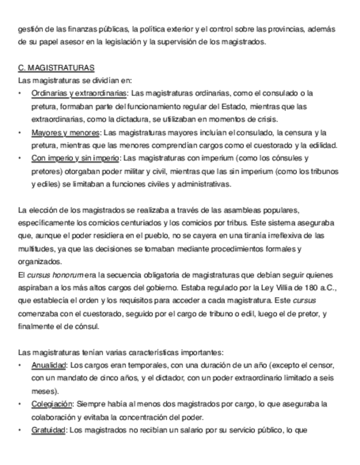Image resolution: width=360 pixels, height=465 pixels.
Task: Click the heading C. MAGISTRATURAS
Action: click(56, 67)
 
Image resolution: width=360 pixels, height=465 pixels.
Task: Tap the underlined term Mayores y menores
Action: click(65, 132)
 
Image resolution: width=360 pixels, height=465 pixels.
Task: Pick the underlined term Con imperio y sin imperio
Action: click(75, 158)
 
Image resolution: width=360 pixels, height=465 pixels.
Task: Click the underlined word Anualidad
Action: click(49, 365)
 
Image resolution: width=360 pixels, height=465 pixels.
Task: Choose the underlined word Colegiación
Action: click(52, 404)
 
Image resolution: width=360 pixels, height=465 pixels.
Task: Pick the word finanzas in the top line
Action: click(82, 29)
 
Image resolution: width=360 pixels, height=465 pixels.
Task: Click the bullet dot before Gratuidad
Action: click(20, 430)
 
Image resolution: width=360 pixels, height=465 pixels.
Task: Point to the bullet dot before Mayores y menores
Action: click(20, 132)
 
